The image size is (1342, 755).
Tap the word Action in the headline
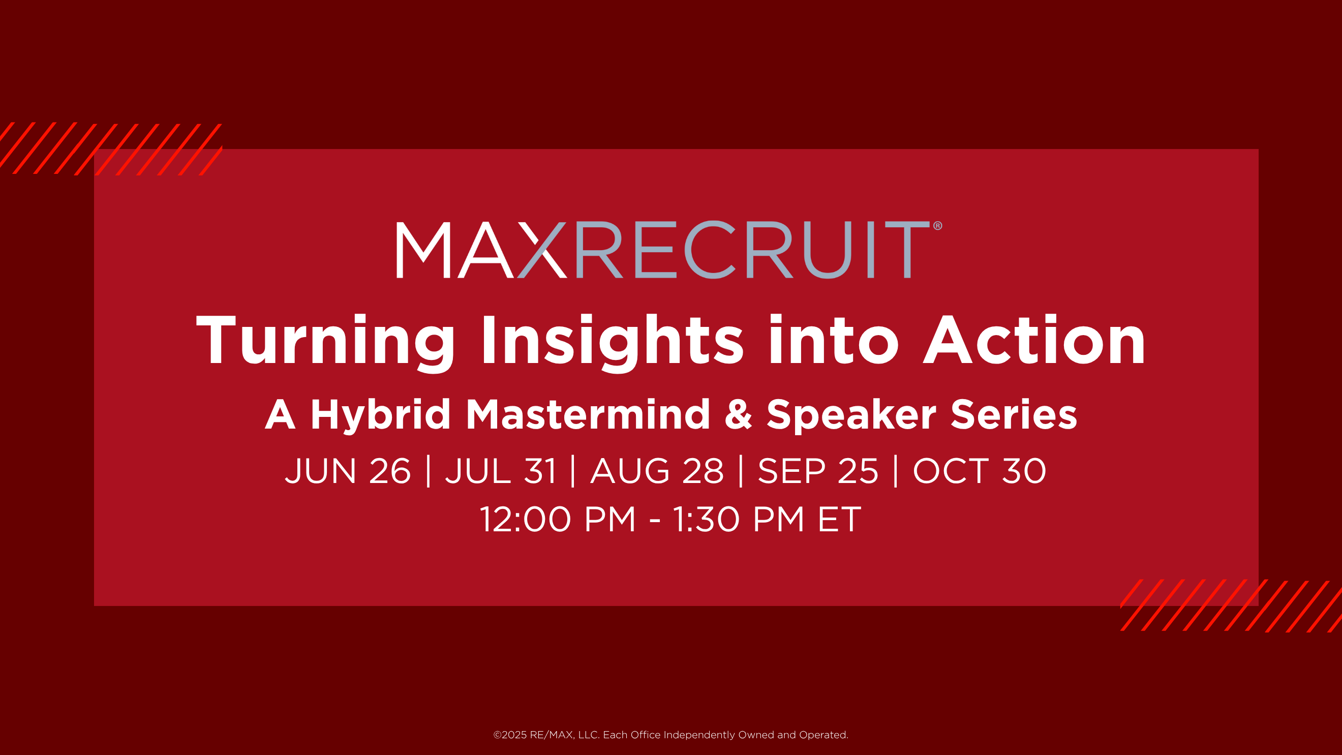coord(1034,340)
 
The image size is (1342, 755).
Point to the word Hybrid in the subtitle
coord(380,415)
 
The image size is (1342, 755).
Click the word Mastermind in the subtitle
coord(588,414)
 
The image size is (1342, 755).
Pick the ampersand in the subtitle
coord(738,414)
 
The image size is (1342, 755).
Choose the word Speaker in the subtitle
coord(851,415)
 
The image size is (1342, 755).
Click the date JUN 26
coord(348,471)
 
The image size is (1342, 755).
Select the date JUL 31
coord(501,471)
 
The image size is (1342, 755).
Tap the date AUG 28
coord(657,471)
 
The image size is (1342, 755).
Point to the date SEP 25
coord(818,471)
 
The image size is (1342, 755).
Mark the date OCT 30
coord(980,471)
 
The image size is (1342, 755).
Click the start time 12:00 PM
coord(558,519)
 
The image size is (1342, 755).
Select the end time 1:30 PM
coord(739,519)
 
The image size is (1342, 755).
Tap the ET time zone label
coord(840,519)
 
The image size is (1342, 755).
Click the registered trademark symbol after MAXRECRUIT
coord(938,226)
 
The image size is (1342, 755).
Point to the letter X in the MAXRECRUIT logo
coord(542,250)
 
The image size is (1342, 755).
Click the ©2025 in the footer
coord(510,735)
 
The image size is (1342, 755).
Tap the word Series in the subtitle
coord(1014,414)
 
